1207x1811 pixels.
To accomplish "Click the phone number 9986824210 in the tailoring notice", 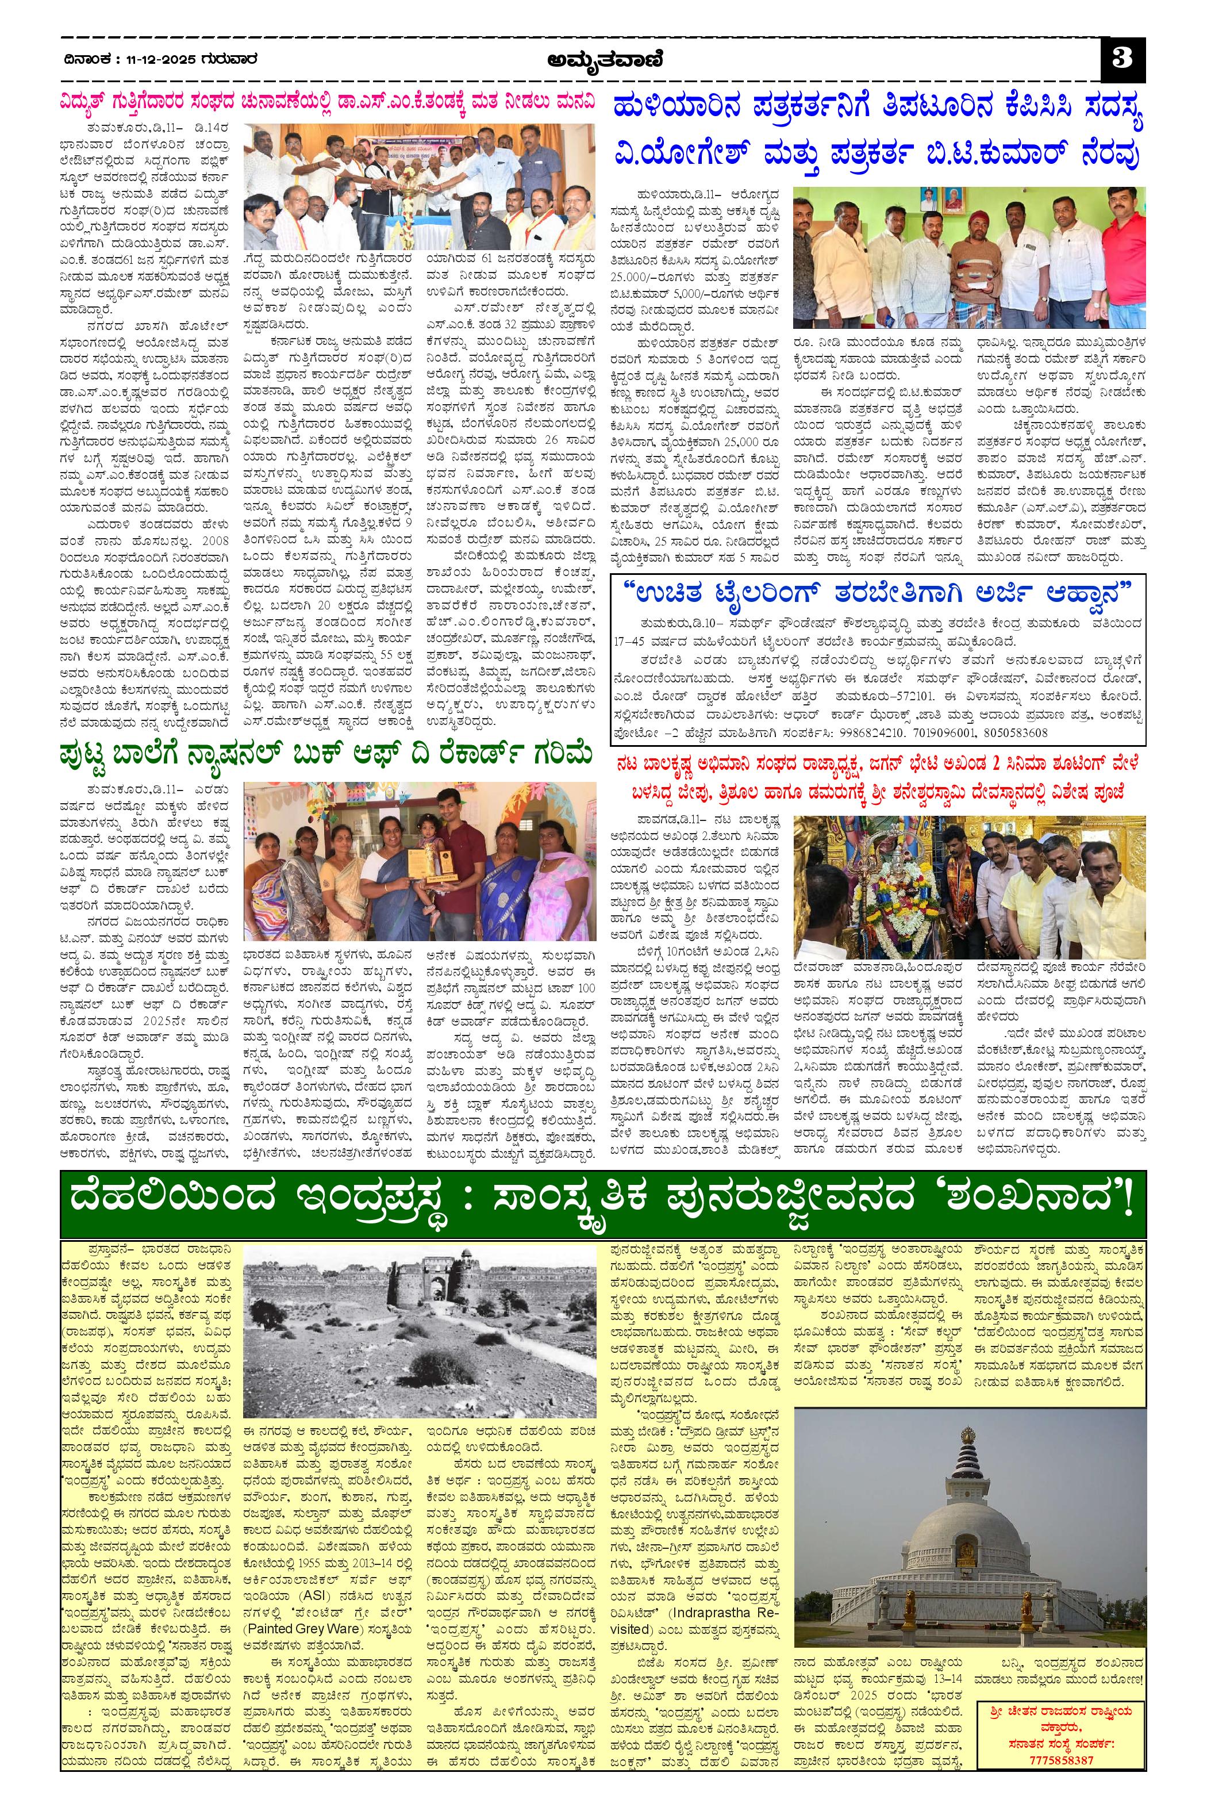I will click(x=854, y=732).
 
